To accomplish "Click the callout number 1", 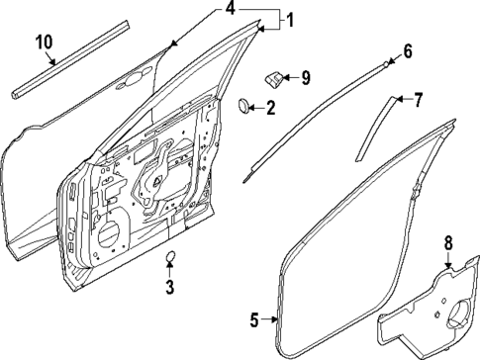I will tap(290, 20).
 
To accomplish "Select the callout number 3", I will tap(169, 288).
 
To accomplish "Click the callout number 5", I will tap(253, 318).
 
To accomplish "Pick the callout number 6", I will tap(407, 50).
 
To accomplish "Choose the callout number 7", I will tap(418, 99).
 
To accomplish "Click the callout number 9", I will tap(305, 76).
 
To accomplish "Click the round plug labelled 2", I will tap(246, 105).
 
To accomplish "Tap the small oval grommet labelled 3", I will tap(169, 260).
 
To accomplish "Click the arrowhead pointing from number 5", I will tap(273, 318).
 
